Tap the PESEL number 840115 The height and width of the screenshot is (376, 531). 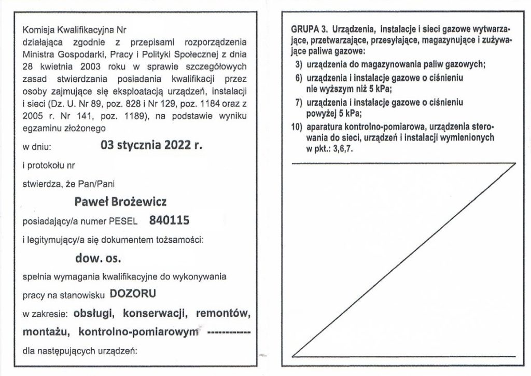tap(169, 220)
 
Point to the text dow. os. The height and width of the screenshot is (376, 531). tap(98, 257)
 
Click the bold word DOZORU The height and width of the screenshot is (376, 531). tap(133, 294)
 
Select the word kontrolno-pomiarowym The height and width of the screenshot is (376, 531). tap(139, 331)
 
